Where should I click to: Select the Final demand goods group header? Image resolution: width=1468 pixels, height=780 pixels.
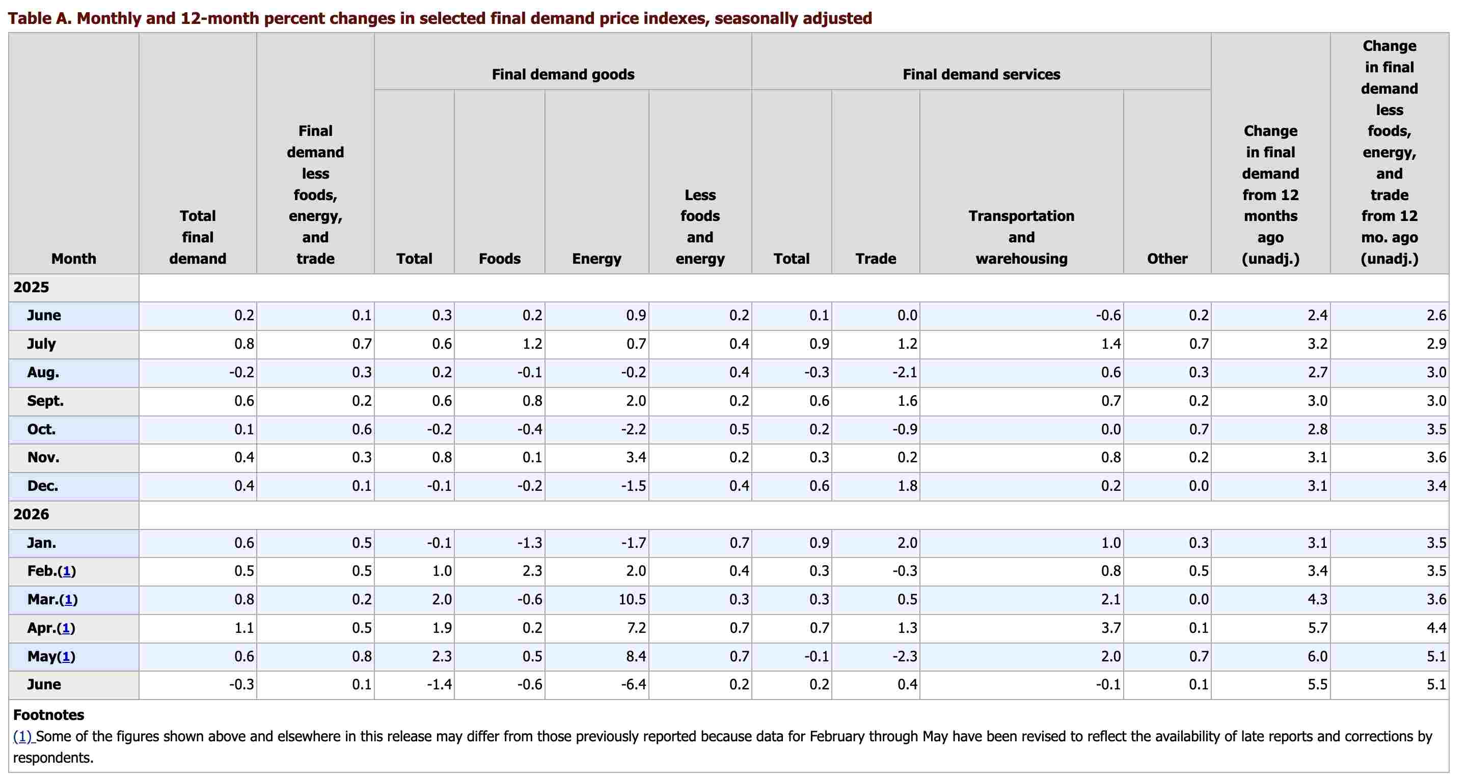tap(563, 75)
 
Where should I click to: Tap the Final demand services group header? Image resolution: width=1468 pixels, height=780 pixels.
tap(982, 75)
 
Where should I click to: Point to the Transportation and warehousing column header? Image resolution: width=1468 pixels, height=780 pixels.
tap(1021, 238)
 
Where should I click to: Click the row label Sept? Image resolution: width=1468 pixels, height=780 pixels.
tap(45, 401)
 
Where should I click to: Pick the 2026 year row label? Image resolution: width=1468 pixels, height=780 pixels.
tap(32, 515)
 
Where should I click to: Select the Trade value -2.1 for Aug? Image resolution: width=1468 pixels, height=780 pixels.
tap(905, 373)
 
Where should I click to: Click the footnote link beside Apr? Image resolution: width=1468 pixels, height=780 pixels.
tap(66, 628)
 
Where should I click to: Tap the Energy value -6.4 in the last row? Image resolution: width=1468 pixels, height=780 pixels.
tap(634, 685)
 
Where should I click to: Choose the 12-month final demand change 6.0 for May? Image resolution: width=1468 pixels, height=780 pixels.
tap(1318, 656)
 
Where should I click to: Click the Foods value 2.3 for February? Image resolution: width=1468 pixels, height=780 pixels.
tap(532, 571)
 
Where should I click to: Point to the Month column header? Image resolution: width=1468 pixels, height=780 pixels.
tap(73, 259)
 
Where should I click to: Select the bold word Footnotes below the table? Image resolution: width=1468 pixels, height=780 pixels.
tap(48, 715)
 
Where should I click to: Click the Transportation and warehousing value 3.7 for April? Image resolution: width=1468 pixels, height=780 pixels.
tap(1111, 628)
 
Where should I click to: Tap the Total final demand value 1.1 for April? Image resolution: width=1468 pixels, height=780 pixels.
tap(244, 628)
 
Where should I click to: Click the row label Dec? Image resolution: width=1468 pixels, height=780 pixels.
tap(43, 486)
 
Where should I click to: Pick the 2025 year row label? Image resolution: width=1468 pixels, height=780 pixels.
tap(32, 287)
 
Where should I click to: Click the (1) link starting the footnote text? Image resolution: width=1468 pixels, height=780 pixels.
tap(23, 737)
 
